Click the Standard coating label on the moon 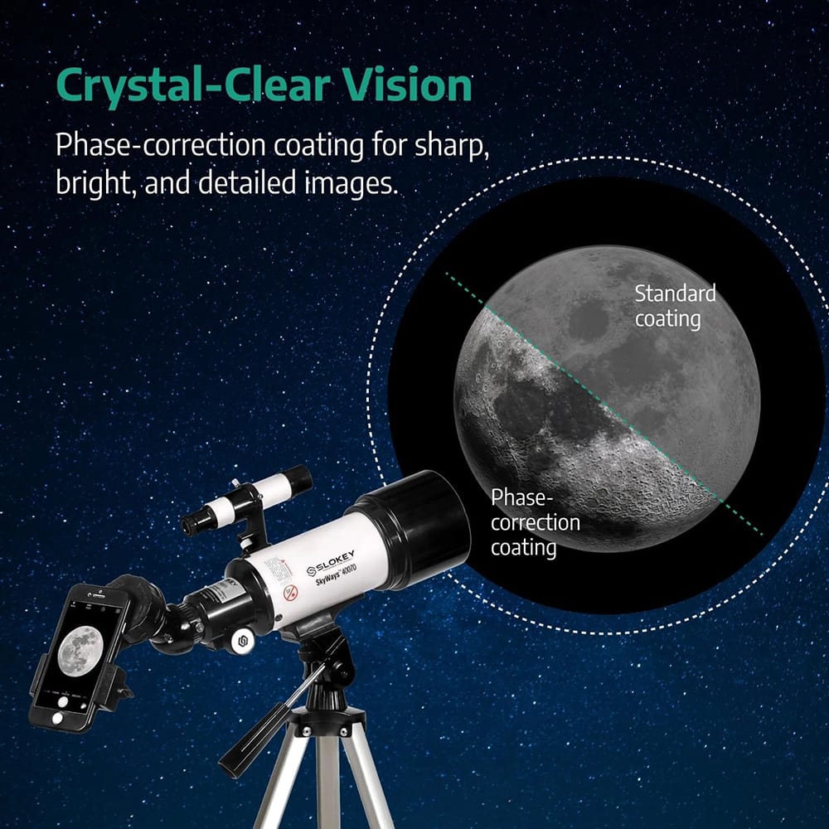coord(675,305)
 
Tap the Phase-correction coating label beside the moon coord(535,522)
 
